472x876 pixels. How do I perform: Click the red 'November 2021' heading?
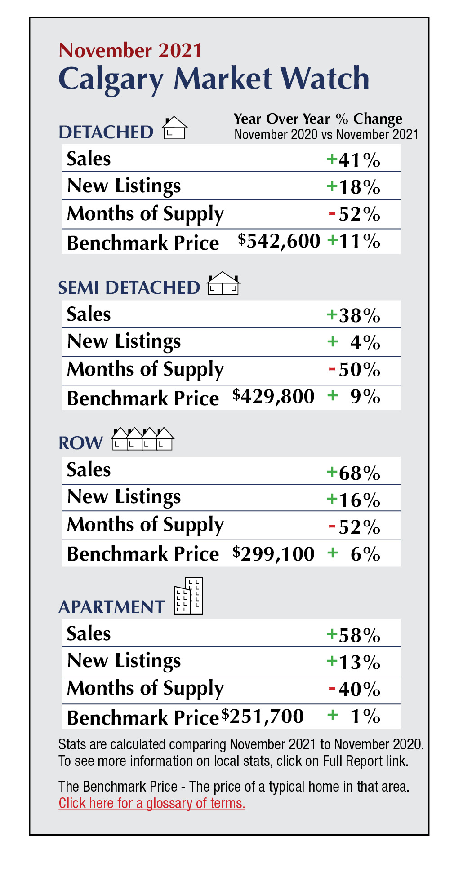(130, 50)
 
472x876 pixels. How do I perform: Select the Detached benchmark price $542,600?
(279, 241)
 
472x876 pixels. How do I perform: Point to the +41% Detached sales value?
(354, 159)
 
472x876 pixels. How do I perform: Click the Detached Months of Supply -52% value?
(355, 214)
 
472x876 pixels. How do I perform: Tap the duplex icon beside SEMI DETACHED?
(223, 284)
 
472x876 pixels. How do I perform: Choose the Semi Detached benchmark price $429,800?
(274, 397)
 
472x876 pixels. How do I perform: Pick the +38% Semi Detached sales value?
(354, 315)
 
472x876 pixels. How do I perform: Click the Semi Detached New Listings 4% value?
(355, 343)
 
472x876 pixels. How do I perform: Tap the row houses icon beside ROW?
(142, 439)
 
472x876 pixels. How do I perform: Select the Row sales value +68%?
(354, 473)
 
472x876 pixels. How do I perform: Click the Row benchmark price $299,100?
(274, 554)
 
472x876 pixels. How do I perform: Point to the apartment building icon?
(189, 596)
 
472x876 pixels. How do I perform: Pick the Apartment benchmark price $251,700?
(263, 716)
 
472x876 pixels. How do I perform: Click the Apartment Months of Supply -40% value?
(355, 689)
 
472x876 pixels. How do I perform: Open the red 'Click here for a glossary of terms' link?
(152, 803)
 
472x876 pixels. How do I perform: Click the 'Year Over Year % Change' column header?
(318, 119)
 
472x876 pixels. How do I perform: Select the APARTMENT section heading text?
(111, 607)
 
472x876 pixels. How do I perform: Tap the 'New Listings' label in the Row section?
(124, 497)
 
